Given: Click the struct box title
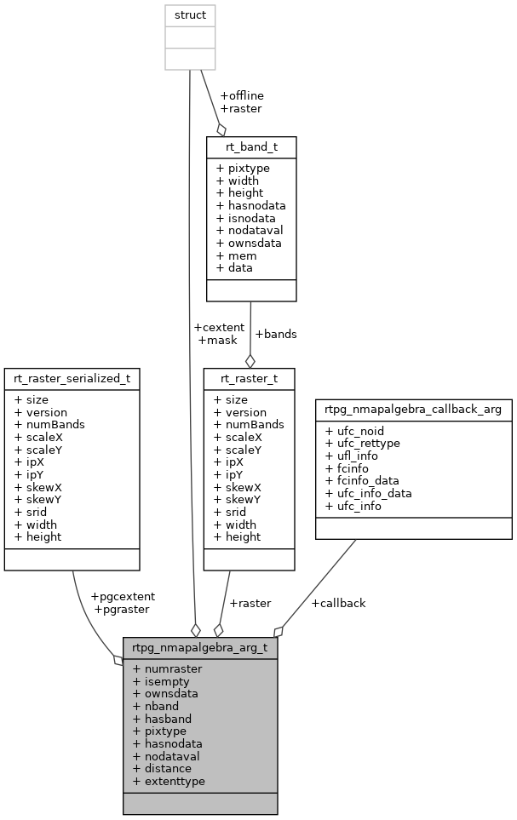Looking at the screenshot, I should pyautogui.click(x=189, y=15).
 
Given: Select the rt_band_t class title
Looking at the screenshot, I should pyautogui.click(x=251, y=146).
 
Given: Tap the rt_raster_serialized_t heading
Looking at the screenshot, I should pyautogui.click(x=72, y=378).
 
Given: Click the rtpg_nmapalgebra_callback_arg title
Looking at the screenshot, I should pyautogui.click(x=414, y=410).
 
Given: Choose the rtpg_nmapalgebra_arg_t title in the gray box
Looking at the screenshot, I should pyautogui.click(x=200, y=647).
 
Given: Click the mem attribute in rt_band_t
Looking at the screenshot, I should pyautogui.click(x=231, y=255).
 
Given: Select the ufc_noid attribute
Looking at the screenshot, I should pyautogui.click(x=354, y=431).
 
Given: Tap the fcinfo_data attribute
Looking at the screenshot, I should pyautogui.click(x=363, y=480).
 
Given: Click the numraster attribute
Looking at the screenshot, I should pyautogui.click(x=167, y=669).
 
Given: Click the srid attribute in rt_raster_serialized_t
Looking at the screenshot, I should pyautogui.click(x=32, y=512).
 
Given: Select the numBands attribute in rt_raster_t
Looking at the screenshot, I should pyautogui.click(x=249, y=424).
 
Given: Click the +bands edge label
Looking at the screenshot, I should pyautogui.click(x=276, y=334).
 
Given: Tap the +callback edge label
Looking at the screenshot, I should pyautogui.click(x=338, y=603).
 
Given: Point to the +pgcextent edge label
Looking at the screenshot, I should pyautogui.click(x=123, y=596).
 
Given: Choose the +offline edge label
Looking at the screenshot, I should pyautogui.click(x=242, y=95).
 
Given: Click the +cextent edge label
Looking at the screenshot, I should pyautogui.click(x=219, y=327).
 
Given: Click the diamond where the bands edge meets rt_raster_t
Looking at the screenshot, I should pyautogui.click(x=250, y=361).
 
